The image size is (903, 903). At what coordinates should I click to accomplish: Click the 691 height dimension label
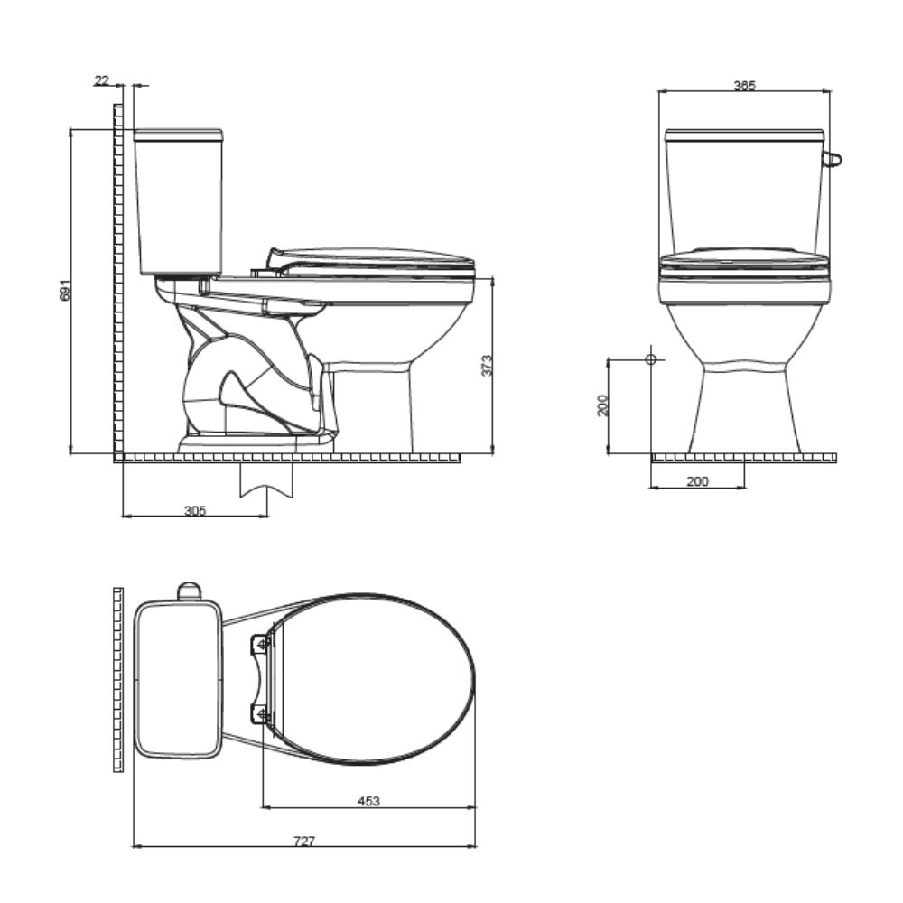coord(63,291)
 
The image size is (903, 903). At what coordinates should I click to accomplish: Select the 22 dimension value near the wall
coord(100,81)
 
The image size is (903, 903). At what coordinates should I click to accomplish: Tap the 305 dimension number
coord(195,510)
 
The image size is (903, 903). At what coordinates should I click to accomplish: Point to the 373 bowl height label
coord(487,365)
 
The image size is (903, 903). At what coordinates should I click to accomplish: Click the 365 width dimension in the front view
coord(744,86)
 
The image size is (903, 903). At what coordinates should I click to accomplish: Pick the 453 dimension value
coord(368,801)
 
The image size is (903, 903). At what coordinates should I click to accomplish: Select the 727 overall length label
coord(304,841)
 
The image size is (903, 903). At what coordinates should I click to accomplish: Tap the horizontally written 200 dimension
coord(697,482)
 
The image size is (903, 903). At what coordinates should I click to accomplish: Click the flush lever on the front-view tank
coord(833,161)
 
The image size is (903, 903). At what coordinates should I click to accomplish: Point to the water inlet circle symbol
coord(650,359)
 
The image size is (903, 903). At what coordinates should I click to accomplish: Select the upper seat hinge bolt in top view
coord(262,644)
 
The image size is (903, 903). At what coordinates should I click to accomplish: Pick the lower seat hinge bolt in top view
coord(263,715)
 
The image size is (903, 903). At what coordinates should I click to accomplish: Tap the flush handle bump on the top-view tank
coord(188,591)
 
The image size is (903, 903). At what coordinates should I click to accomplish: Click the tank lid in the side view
coord(178,135)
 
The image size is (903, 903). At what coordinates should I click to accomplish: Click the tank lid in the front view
coord(744,135)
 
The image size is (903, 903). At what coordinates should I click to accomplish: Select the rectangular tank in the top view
coord(178,679)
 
